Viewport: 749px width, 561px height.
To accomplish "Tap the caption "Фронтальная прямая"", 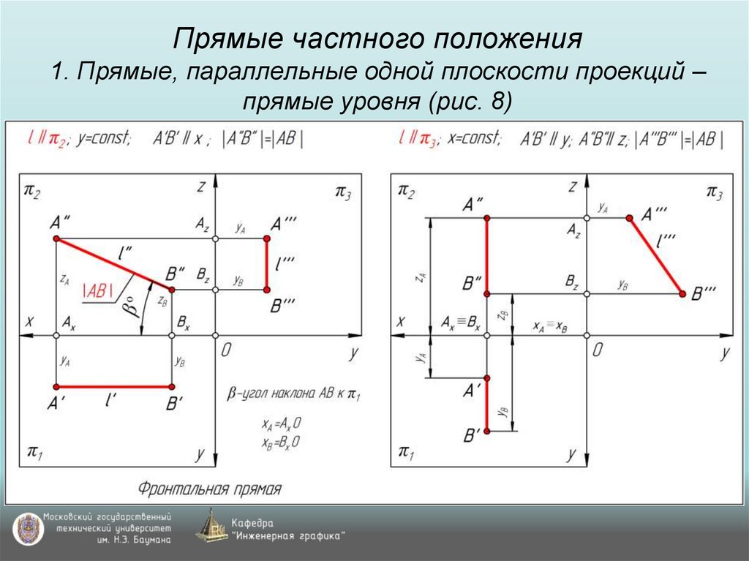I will click(x=209, y=488).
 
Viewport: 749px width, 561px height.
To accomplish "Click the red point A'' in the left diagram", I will click(x=56, y=239).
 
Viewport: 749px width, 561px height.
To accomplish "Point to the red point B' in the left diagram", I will click(x=172, y=387).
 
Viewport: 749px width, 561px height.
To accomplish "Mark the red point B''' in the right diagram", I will click(x=682, y=293).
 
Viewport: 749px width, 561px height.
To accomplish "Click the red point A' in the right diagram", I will click(x=487, y=377).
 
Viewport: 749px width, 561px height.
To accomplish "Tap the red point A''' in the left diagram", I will click(x=267, y=239).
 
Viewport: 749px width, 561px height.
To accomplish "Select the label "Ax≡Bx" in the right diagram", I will click(x=461, y=323).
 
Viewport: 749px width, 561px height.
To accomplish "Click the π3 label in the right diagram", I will click(x=713, y=192).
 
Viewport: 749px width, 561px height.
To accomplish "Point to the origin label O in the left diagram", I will click(x=226, y=350).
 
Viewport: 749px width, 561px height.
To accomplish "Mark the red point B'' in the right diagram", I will click(x=487, y=293).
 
